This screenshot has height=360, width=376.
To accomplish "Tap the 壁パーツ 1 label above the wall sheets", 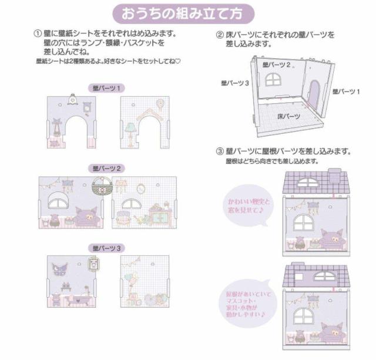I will [106, 88].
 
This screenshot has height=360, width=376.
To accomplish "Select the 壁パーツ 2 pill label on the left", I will [106, 168].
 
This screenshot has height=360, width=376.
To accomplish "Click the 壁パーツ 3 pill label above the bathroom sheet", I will [106, 248].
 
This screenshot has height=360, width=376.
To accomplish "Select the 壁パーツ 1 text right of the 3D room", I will [345, 92].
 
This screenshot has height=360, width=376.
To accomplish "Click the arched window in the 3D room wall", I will [274, 79].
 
